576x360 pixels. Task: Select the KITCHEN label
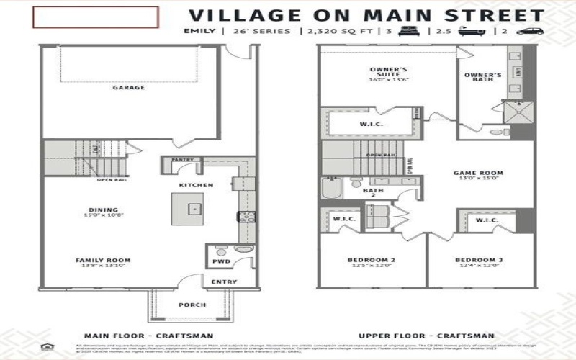[196, 186]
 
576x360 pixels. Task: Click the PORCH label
[192, 305]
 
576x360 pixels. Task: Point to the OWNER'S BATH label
[482, 77]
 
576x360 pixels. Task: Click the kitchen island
[192, 207]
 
